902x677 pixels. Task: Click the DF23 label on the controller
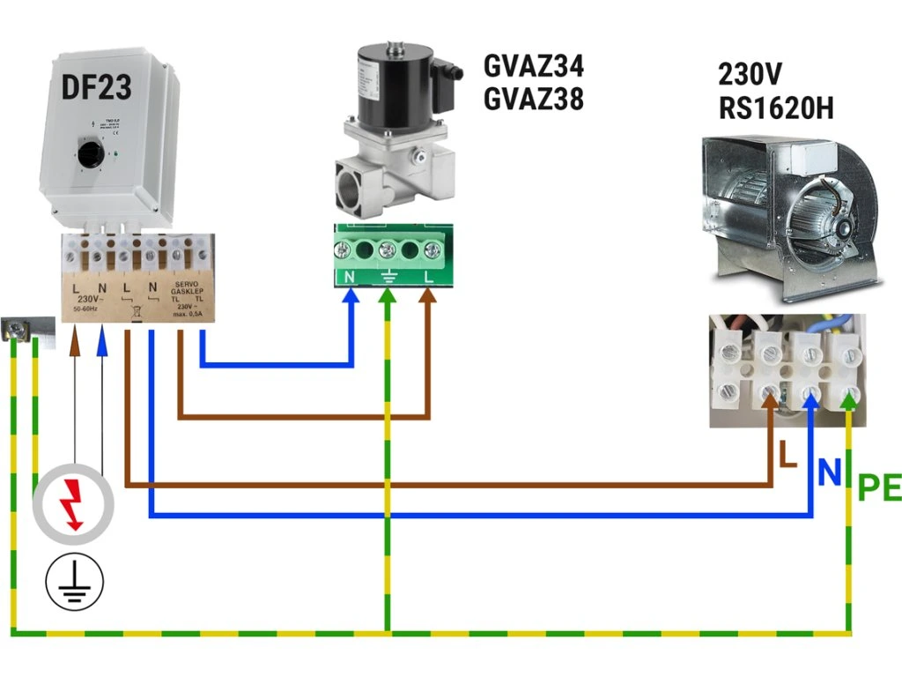[x=97, y=86]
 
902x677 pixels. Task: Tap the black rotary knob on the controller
[x=89, y=156]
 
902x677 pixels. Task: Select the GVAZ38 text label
[x=534, y=100]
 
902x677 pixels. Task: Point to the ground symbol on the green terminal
[x=388, y=276]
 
